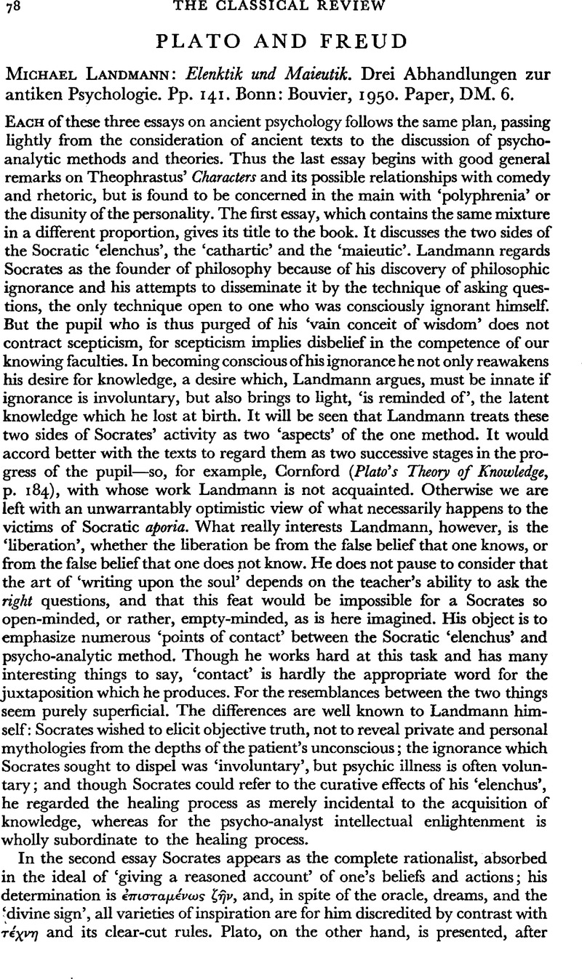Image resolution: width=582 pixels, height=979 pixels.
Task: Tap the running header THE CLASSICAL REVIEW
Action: pos(291,8)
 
